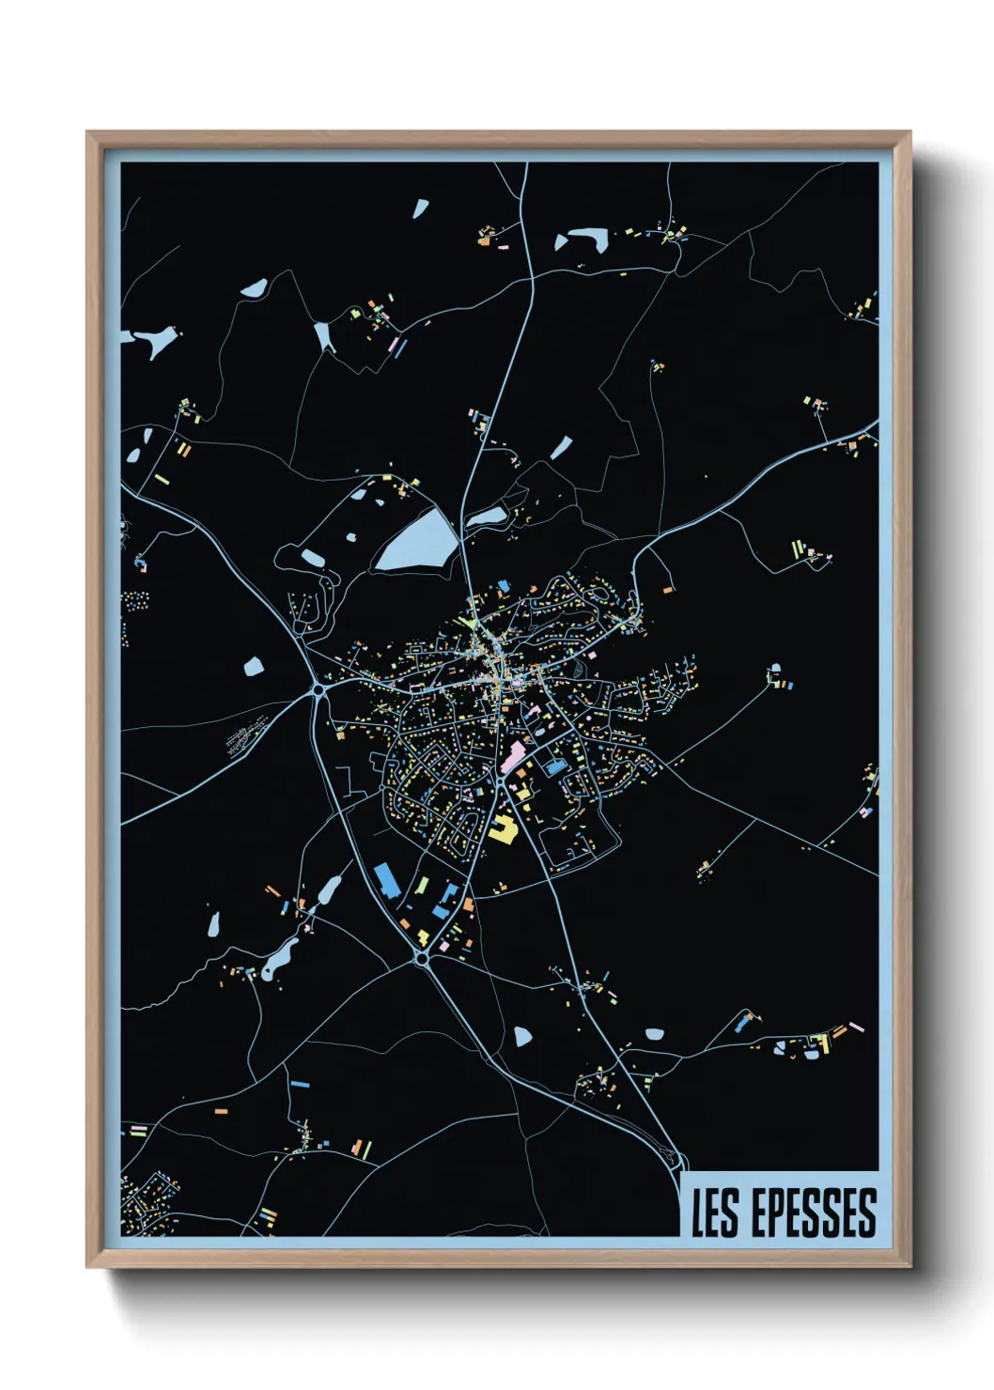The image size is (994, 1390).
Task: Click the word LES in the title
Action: tap(715, 1213)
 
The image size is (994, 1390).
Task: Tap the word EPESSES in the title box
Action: tap(814, 1213)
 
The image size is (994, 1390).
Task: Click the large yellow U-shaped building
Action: tap(502, 828)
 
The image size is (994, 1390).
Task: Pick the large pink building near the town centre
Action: tap(513, 756)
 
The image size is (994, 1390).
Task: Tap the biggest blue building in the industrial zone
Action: tap(386, 880)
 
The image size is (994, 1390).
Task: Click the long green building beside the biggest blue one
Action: tap(422, 886)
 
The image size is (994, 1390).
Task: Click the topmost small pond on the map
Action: tap(420, 208)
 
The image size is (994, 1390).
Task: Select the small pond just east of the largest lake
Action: tap(486, 517)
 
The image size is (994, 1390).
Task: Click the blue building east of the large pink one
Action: tap(555, 767)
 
